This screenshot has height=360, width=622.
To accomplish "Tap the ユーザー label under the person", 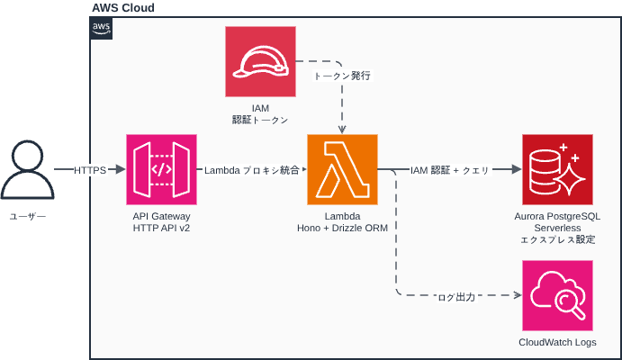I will coord(27,217).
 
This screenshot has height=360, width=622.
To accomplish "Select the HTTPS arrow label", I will coord(90,170).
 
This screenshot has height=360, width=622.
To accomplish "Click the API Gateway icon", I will coord(162,170).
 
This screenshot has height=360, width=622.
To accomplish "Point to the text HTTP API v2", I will coord(162,229).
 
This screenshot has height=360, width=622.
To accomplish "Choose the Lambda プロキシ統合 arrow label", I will coord(252,170).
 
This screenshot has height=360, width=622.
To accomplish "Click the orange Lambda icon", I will coord(343,170).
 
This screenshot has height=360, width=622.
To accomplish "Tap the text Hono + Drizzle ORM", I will coord(343,229).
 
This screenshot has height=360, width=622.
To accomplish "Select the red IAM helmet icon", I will coord(260,62).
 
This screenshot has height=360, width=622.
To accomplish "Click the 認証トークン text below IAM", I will coord(260,120).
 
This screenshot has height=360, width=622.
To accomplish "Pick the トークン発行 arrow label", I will coord(342,76).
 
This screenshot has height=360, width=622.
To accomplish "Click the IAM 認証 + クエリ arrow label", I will coord(449,170).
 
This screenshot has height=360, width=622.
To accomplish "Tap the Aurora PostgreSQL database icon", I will coord(557,170).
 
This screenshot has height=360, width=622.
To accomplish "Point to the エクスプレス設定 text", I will coord(557,240).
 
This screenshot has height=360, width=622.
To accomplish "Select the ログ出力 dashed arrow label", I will coord(455,296).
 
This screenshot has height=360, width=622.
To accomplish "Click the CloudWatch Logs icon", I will coord(557,296).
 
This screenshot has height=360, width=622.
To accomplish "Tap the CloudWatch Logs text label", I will coord(557,343).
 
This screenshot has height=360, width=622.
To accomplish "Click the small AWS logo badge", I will coord(102,29).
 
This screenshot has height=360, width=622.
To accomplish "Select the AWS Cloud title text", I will coord(123,8).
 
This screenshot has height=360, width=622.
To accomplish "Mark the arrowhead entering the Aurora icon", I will coord(516,170).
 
